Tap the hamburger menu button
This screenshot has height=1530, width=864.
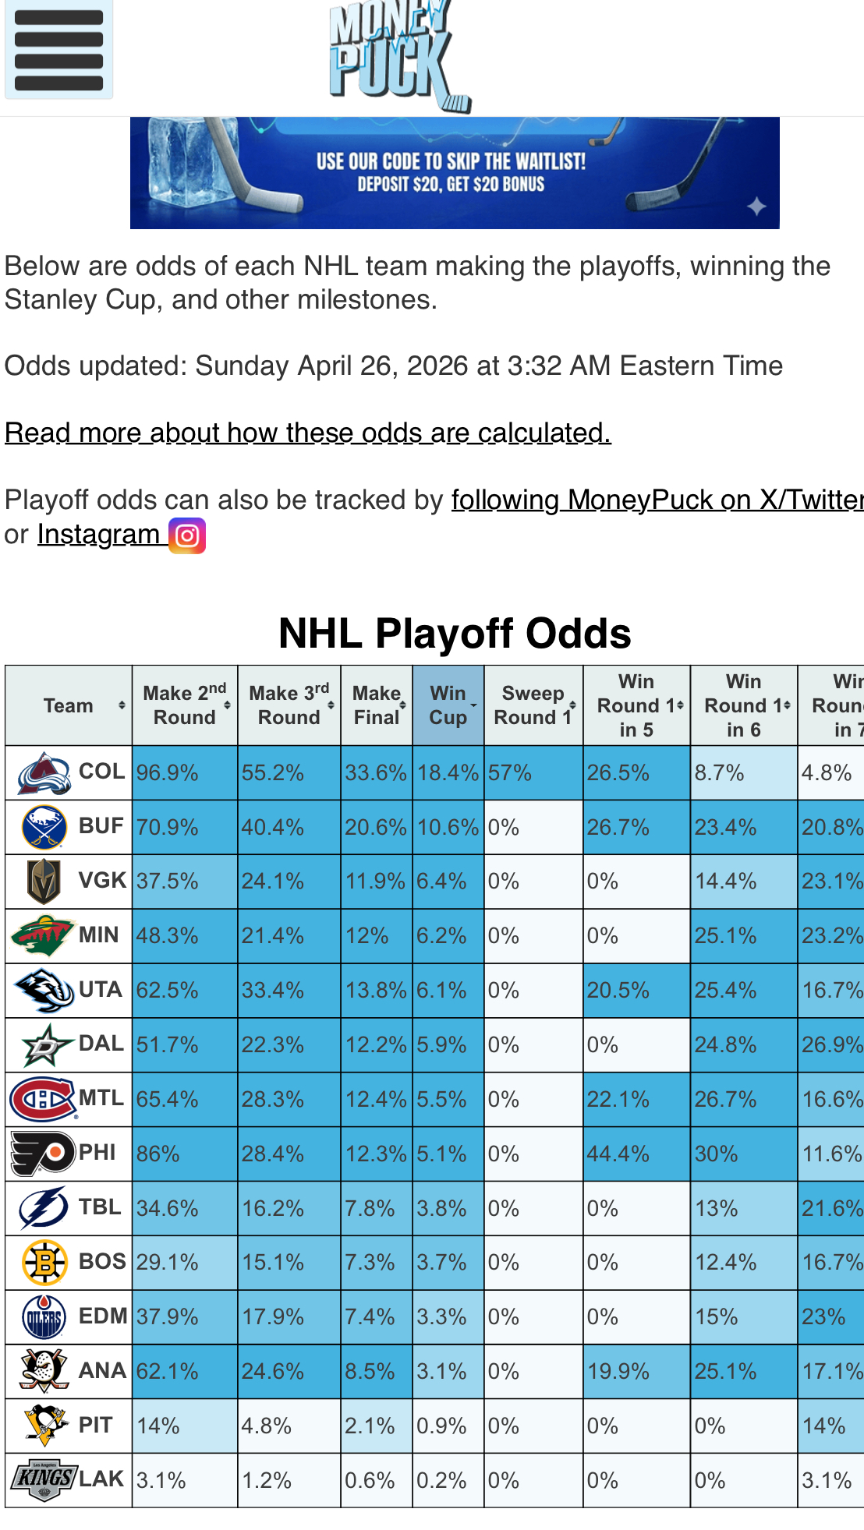pyautogui.click(x=58, y=50)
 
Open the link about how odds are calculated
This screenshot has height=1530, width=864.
pyautogui.click(x=308, y=433)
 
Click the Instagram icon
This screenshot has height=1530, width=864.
pyautogui.click(x=187, y=535)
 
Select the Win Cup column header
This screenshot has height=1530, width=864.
pyautogui.click(x=448, y=705)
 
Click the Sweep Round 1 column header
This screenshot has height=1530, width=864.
pyautogui.click(x=533, y=705)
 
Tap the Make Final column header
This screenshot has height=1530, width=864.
pyautogui.click(x=377, y=705)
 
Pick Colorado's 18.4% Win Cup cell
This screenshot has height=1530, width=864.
pyautogui.click(x=448, y=772)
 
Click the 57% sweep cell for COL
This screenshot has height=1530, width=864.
pyautogui.click(x=533, y=772)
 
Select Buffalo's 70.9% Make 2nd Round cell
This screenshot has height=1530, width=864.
pyautogui.click(x=185, y=827)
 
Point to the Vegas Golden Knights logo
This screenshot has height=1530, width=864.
pyautogui.click(x=44, y=882)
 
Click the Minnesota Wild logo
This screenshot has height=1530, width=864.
pyautogui.click(x=44, y=936)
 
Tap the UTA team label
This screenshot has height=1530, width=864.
pyautogui.click(x=101, y=990)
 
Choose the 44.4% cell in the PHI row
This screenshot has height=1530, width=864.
pyautogui.click(x=636, y=1154)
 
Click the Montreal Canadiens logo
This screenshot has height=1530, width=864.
pyautogui.click(x=43, y=1099)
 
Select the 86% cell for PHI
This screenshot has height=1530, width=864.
pyautogui.click(x=185, y=1154)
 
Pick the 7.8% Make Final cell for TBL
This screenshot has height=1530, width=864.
pyautogui.click(x=377, y=1208)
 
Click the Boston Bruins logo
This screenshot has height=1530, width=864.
pyautogui.click(x=44, y=1262)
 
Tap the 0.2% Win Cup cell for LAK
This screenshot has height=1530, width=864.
pyautogui.click(x=448, y=1480)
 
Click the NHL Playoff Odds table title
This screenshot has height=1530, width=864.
pyautogui.click(x=455, y=633)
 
